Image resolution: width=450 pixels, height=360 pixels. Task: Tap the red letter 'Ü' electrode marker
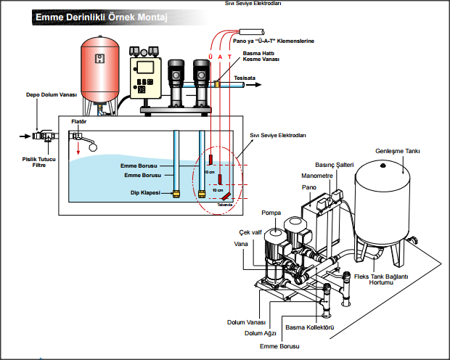[x=210, y=56]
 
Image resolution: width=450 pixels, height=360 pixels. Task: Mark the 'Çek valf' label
[x=250, y=232]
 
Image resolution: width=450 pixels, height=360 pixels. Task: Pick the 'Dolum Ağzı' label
[x=258, y=333]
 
